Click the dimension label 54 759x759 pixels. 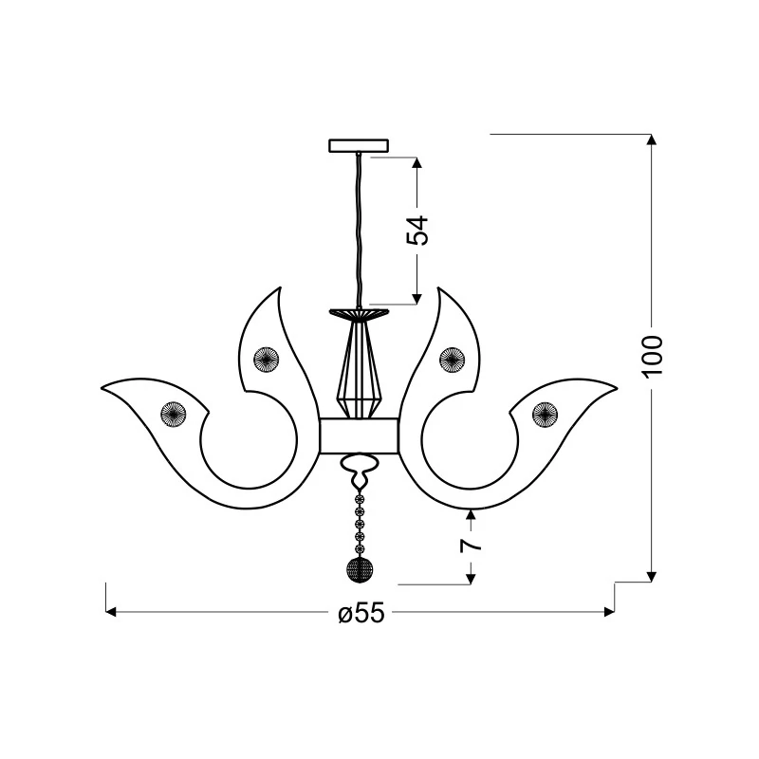(417, 231)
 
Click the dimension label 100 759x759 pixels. (652, 356)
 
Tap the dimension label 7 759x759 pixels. (471, 545)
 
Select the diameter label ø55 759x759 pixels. (361, 613)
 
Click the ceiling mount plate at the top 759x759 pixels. (359, 145)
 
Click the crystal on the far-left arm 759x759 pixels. (174, 415)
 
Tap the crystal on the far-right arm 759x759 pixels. (545, 415)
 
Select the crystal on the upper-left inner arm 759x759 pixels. (267, 360)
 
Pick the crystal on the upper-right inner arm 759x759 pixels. (452, 360)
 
